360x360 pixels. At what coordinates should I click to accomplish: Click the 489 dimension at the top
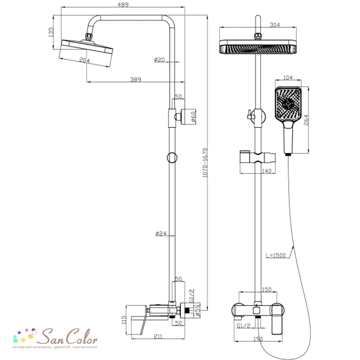123,5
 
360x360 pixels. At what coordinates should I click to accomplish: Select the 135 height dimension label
51,32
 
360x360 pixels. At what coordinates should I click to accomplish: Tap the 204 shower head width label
85,60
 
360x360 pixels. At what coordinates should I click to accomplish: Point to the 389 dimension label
136,80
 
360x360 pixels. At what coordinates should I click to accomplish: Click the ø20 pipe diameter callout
159,60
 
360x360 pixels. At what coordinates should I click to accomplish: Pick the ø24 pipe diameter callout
161,234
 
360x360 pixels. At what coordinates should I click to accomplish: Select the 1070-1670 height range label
205,163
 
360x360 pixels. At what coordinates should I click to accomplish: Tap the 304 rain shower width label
275,25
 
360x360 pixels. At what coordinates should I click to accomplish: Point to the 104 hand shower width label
288,78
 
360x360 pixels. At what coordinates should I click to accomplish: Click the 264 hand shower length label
306,120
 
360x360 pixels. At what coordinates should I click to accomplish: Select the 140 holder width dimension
266,171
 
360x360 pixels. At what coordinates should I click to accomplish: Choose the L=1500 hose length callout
275,255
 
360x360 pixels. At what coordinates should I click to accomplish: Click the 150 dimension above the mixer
266,289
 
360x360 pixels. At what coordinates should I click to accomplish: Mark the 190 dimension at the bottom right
258,339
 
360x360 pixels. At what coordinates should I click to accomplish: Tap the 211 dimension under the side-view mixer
158,336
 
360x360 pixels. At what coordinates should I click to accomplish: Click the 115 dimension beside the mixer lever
124,320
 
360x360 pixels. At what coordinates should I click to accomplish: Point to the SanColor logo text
67,337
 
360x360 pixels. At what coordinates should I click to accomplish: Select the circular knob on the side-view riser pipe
172,158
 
